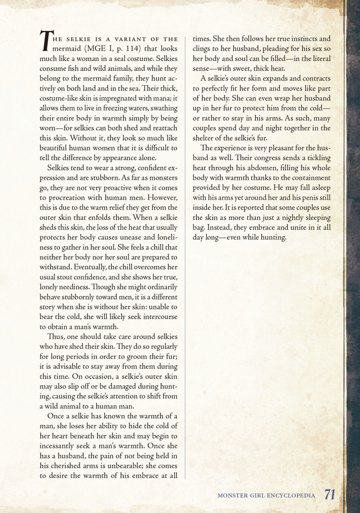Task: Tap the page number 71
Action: click(330, 495)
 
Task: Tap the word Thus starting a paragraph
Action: click(55, 337)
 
